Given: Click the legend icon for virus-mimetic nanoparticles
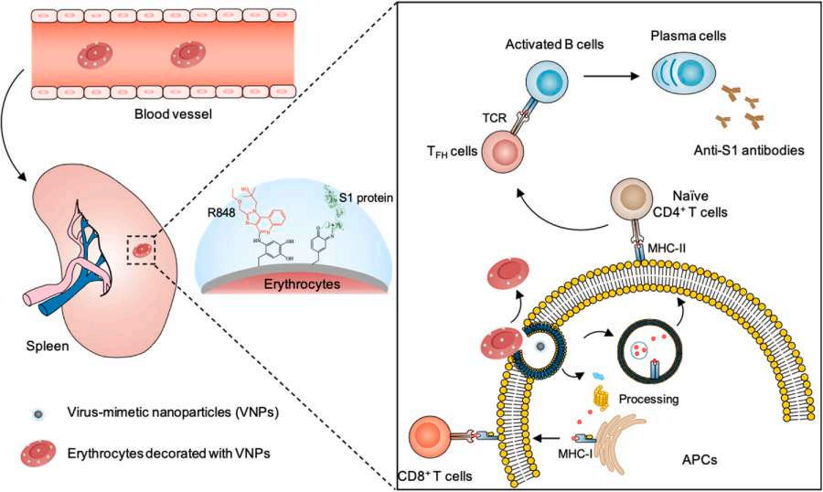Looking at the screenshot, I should pyautogui.click(x=32, y=412).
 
